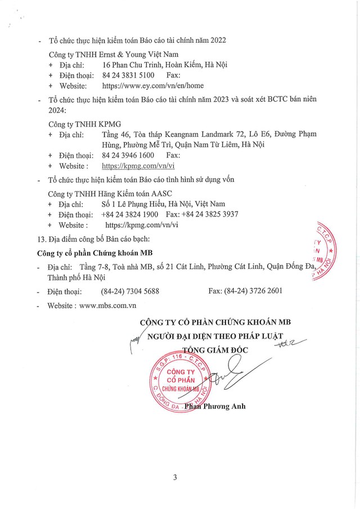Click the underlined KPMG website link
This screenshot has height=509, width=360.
point(139,166)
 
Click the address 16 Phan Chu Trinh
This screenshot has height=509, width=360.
point(139,65)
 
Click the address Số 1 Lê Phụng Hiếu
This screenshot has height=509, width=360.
point(138,204)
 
